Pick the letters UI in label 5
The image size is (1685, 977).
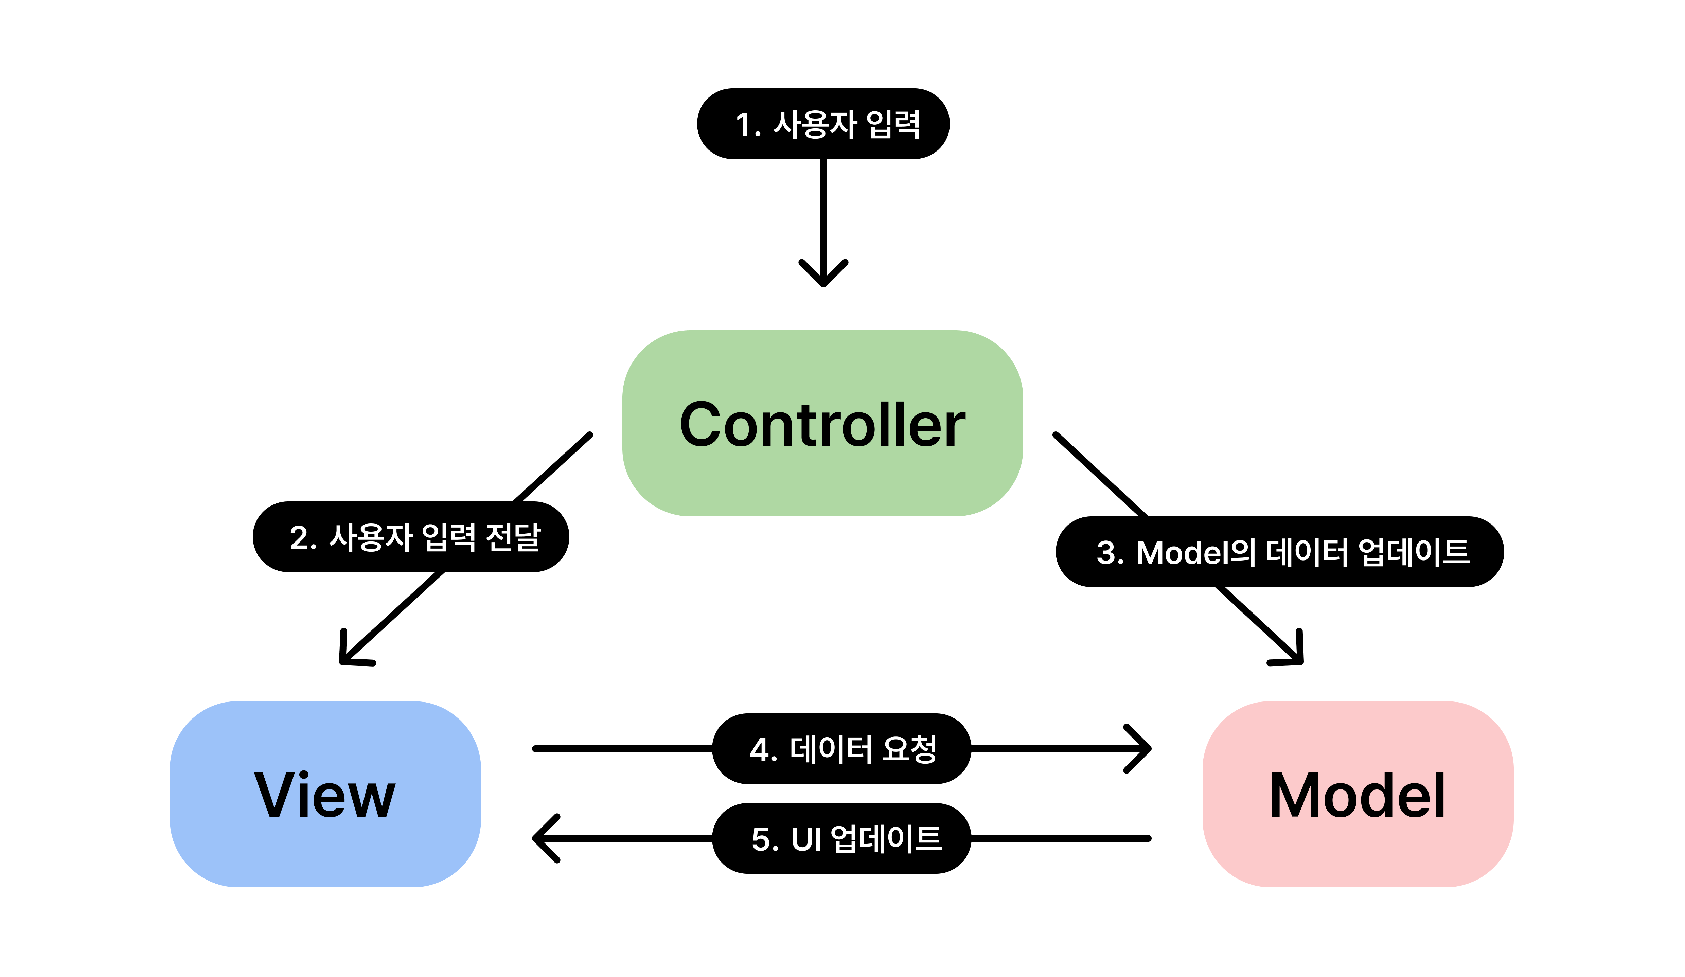tap(806, 839)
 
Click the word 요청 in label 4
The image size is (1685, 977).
tap(909, 749)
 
